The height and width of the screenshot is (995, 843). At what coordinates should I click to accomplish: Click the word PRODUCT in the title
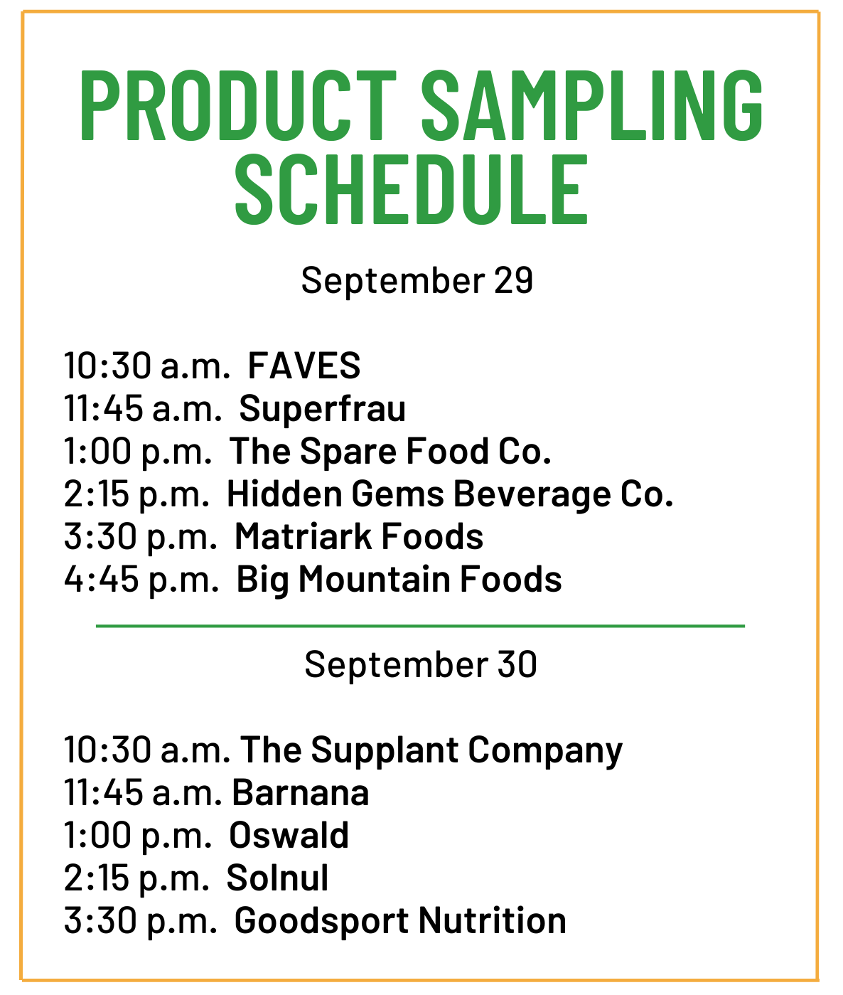[x=238, y=105]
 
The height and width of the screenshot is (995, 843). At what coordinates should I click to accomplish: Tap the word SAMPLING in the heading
[x=592, y=105]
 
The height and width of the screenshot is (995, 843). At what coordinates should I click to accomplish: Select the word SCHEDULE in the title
[x=412, y=190]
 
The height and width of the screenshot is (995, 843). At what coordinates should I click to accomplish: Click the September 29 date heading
[x=417, y=281]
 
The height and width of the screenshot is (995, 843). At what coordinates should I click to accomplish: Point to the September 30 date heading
[x=421, y=664]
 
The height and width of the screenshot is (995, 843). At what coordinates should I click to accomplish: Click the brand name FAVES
[x=304, y=366]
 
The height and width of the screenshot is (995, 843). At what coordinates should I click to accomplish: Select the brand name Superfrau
[x=323, y=409]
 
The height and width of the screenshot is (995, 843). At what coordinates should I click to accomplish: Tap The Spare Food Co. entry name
[x=390, y=452]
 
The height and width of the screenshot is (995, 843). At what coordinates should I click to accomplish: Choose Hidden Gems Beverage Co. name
[x=450, y=494]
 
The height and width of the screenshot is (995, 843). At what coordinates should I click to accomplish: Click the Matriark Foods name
[x=359, y=537]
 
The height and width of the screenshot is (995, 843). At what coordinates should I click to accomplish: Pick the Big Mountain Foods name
[x=399, y=580]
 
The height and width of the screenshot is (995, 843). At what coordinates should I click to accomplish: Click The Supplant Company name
[x=431, y=750]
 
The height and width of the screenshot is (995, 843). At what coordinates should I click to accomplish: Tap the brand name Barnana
[x=301, y=793]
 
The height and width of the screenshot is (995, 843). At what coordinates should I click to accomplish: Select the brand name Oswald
[x=289, y=835]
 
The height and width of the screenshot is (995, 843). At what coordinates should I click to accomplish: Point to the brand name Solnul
[x=277, y=878]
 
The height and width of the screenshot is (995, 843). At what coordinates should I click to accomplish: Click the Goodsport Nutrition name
[x=400, y=921]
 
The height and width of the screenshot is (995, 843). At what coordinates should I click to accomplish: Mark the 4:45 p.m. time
[x=141, y=580]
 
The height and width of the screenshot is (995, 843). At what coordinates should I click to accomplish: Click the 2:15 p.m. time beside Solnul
[x=136, y=878]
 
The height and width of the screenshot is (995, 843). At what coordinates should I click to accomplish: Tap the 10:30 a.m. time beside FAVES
[x=146, y=366]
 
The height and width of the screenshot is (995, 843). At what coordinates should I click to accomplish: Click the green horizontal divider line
[x=420, y=627]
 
